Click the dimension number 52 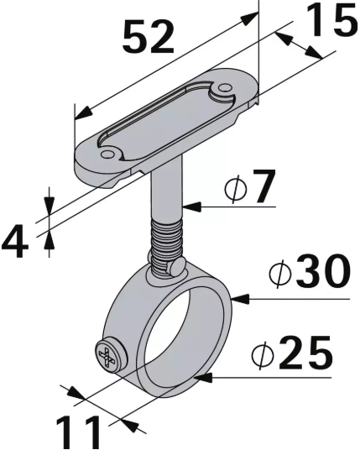click(149, 36)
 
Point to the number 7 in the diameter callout click(263, 191)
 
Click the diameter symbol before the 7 click(234, 191)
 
